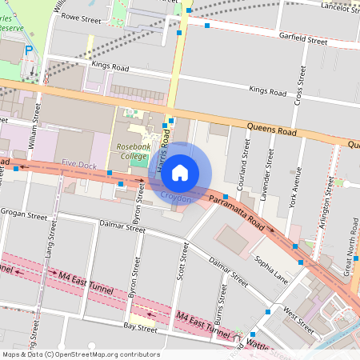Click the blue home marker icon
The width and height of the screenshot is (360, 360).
click(180, 172)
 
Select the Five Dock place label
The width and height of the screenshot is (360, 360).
click(79, 164)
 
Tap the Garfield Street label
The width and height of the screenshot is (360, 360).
click(303, 38)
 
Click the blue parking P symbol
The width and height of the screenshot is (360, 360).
click(29, 50)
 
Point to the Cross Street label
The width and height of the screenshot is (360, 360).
click(302, 86)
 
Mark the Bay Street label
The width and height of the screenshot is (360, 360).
click(140, 329)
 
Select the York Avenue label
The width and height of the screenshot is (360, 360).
click(296, 186)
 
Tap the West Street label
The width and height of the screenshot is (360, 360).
click(298, 318)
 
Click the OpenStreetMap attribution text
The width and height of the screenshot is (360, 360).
click(80, 354)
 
